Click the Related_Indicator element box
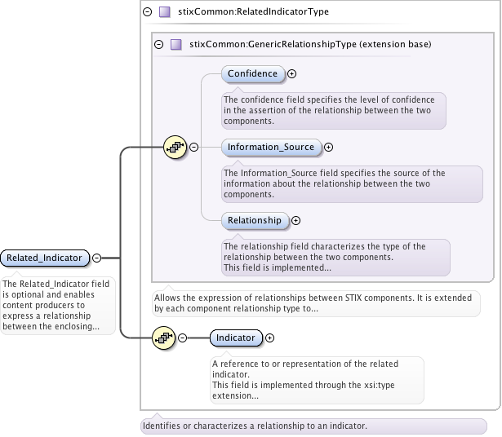pos(44,258)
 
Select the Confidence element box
pos(252,73)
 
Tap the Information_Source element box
pos(270,147)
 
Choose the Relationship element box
pos(254,220)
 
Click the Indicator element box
pos(236,338)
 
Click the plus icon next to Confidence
pos(292,73)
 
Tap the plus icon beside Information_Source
pos(329,148)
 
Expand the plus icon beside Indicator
pos(270,338)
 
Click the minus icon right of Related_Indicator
pos(96,258)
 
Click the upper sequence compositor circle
pos(175,148)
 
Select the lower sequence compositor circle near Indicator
pos(165,338)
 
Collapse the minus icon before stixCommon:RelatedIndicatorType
pos(147,12)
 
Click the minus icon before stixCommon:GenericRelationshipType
pos(158,44)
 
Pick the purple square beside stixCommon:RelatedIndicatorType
pos(165,12)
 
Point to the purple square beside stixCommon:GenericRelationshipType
pos(176,44)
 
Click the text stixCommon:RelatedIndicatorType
pos(253,12)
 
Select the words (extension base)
pos(398,44)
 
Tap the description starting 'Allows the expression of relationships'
pos(316,303)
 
